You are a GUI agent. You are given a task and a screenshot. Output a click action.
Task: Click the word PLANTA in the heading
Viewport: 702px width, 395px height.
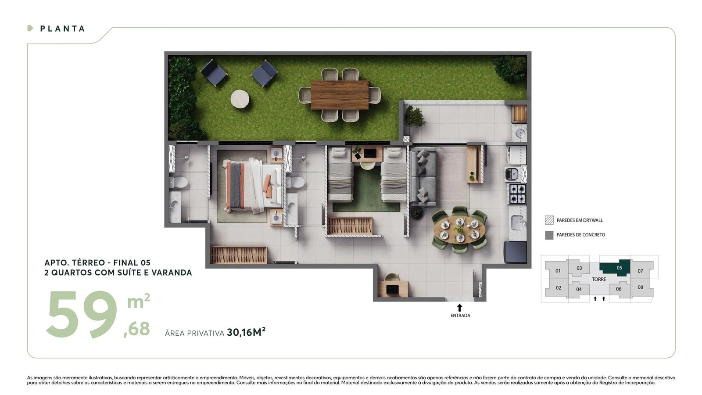pyautogui.click(x=63, y=29)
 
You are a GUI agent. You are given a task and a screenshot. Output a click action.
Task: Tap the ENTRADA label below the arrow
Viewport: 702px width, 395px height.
pyautogui.click(x=460, y=316)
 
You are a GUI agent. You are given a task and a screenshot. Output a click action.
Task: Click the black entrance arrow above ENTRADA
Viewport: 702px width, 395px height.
pyautogui.click(x=460, y=308)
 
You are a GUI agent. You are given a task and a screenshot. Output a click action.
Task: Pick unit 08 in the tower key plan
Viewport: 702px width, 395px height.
pyautogui.click(x=641, y=287)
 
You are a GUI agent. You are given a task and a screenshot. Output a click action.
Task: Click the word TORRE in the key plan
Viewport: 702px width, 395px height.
pyautogui.click(x=599, y=279)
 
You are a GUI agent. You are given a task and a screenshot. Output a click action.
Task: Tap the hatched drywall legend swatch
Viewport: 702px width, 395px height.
pyautogui.click(x=549, y=220)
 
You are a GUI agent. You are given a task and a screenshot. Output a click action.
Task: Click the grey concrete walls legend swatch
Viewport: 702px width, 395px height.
pyautogui.click(x=549, y=235)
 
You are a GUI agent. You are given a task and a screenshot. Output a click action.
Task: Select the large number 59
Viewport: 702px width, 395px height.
pyautogui.click(x=82, y=314)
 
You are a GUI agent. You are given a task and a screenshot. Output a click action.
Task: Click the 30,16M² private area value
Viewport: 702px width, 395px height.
pyautogui.click(x=246, y=332)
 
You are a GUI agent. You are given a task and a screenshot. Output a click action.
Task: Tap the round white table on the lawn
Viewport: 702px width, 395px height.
pyautogui.click(x=240, y=99)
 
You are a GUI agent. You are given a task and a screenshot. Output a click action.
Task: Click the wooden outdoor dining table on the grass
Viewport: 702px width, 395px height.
pyautogui.click(x=340, y=95)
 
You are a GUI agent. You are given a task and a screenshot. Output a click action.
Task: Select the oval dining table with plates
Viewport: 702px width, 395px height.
pyautogui.click(x=459, y=230)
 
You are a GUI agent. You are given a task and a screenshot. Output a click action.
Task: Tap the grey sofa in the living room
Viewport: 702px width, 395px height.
pyautogui.click(x=423, y=177)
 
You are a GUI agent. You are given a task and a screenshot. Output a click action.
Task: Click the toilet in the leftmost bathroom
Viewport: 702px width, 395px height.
pyautogui.click(x=178, y=182)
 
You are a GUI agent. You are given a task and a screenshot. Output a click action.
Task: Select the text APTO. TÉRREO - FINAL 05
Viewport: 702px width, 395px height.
pyautogui.click(x=97, y=263)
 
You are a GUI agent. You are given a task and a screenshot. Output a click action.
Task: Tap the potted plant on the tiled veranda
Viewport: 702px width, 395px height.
pyautogui.click(x=414, y=117)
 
